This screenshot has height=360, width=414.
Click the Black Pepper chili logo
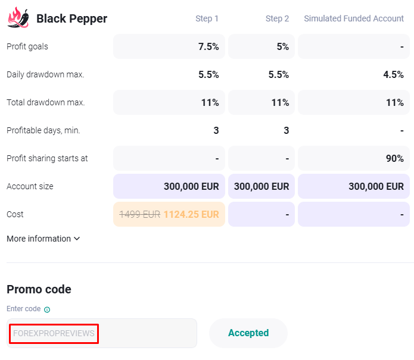(18, 18)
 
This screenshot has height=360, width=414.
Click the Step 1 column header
(207, 18)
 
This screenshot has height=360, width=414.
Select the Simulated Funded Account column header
(354, 18)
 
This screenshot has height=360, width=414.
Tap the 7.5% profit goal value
(208, 46)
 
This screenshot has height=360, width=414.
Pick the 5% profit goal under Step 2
(282, 46)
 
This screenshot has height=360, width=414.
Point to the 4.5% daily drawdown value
(393, 74)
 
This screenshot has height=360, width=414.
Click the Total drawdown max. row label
(46, 102)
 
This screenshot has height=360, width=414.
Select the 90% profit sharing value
(394, 158)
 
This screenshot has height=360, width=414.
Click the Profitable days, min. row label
(43, 130)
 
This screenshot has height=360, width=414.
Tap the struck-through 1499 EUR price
(140, 214)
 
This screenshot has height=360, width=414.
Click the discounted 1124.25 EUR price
(191, 214)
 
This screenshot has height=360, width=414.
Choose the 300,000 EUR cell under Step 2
(262, 186)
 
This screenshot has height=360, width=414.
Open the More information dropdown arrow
(76, 239)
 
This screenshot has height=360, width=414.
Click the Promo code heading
(39, 290)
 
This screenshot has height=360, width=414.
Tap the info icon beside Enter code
(47, 309)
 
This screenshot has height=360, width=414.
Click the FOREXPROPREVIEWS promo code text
(54, 333)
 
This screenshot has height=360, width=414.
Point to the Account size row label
(30, 186)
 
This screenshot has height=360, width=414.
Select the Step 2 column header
(277, 18)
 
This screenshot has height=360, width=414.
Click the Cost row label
(15, 214)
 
